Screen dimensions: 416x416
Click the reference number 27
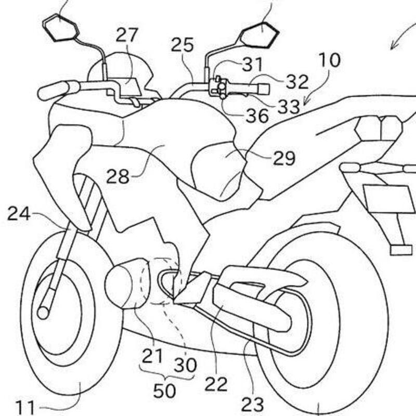[127, 36]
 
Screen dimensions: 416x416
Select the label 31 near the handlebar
[252, 65]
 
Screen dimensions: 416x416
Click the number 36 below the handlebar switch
[257, 115]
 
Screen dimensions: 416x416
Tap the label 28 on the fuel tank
[118, 176]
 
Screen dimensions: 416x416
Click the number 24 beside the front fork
[19, 213]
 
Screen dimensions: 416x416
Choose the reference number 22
[216, 384]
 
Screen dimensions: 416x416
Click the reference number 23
[253, 403]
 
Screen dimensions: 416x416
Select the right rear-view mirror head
[260, 36]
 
